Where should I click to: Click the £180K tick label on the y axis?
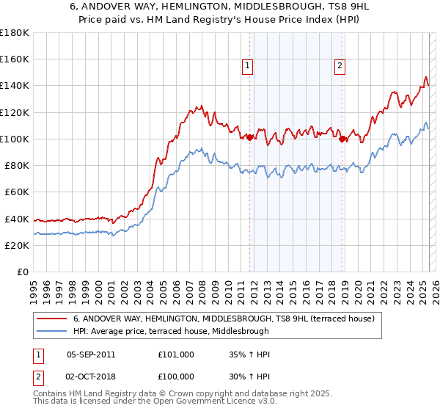(15, 32)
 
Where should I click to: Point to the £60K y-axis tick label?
(17, 192)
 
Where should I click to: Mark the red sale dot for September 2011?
(249, 137)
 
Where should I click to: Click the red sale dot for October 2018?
(342, 139)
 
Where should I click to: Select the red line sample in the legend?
(52, 319)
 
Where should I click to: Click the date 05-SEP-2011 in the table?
(91, 354)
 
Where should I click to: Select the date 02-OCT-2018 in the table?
(91, 375)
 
